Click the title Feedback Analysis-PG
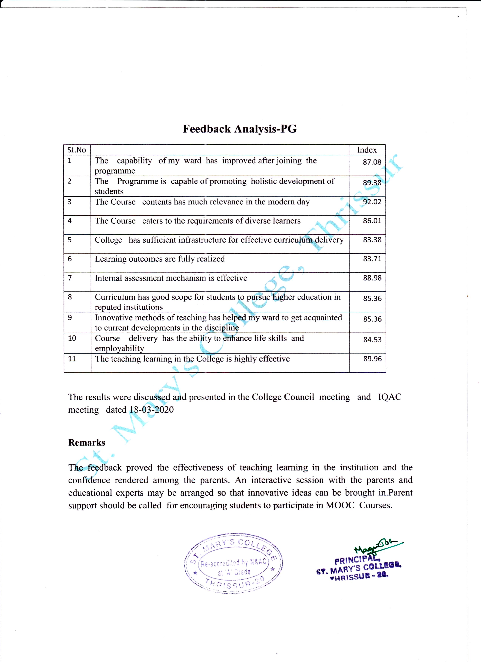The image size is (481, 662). pos(240,129)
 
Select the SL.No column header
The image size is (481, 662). pos(77,150)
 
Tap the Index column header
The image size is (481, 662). pos(367,150)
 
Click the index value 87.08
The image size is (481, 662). pos(372,162)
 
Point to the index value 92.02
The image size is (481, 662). pos(372,202)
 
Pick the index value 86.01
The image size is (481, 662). pos(372,221)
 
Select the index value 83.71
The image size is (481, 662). pos(372,259)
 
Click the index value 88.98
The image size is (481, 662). pos(372,278)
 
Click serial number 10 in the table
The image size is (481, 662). pos(72,338)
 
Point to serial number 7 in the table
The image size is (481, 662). pos(70,278)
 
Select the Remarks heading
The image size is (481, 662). pos(87,442)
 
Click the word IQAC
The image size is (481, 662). pos(390,397)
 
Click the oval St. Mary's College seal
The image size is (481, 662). pos(233,566)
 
